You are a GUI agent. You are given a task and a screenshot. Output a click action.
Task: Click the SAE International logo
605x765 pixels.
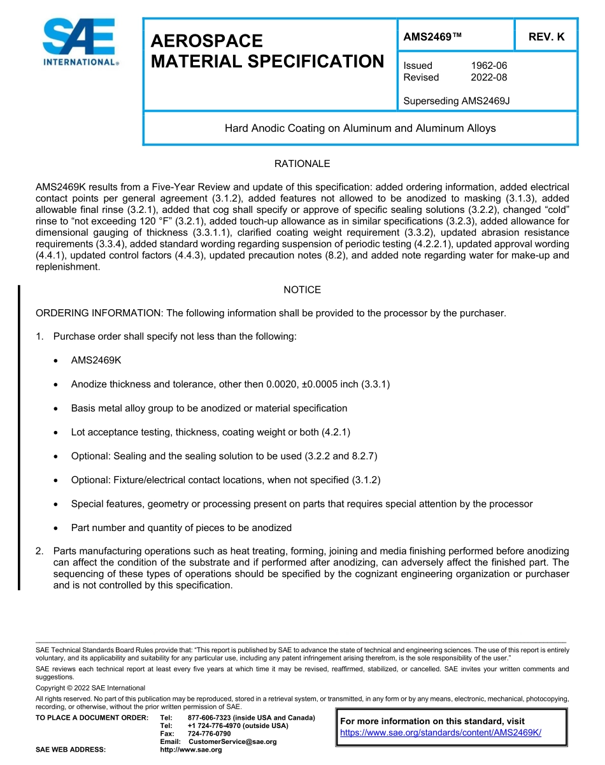click(80, 43)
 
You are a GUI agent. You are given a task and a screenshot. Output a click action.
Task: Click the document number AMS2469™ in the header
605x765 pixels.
click(432, 37)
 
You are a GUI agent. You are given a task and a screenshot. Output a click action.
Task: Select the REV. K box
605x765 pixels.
click(546, 37)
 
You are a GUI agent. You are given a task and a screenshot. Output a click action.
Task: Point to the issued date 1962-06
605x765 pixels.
click(488, 66)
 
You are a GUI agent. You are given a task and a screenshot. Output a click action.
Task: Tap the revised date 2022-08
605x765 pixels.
click(488, 78)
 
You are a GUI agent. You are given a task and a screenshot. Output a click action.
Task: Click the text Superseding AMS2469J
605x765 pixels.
click(457, 101)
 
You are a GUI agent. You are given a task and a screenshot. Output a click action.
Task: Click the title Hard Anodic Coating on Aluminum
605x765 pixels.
click(360, 128)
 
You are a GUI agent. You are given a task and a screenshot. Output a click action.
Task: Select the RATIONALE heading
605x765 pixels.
click(302, 164)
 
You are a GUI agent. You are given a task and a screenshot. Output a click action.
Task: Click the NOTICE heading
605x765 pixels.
click(302, 290)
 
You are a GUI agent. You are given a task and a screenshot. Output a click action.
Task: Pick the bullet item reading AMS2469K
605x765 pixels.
click(96, 360)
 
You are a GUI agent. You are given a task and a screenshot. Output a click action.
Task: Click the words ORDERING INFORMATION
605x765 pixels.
click(99, 313)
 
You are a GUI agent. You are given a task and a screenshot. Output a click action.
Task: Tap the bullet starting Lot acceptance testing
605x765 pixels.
click(210, 432)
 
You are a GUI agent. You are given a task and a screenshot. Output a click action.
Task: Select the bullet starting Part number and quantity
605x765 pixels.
click(181, 528)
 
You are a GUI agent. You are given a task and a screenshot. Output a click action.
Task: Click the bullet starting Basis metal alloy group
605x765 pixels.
click(209, 408)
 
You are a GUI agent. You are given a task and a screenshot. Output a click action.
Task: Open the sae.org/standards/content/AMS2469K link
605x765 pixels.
click(441, 732)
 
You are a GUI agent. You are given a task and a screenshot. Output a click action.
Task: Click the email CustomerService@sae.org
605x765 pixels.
click(232, 741)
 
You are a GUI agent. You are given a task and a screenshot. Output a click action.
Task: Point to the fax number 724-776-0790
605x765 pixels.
click(209, 734)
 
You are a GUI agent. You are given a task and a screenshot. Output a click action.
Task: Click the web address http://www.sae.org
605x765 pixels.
click(190, 750)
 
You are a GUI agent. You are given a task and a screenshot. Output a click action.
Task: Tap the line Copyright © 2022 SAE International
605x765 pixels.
click(90, 688)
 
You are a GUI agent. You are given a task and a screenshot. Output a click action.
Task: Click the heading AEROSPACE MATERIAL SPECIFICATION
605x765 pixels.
click(267, 51)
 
